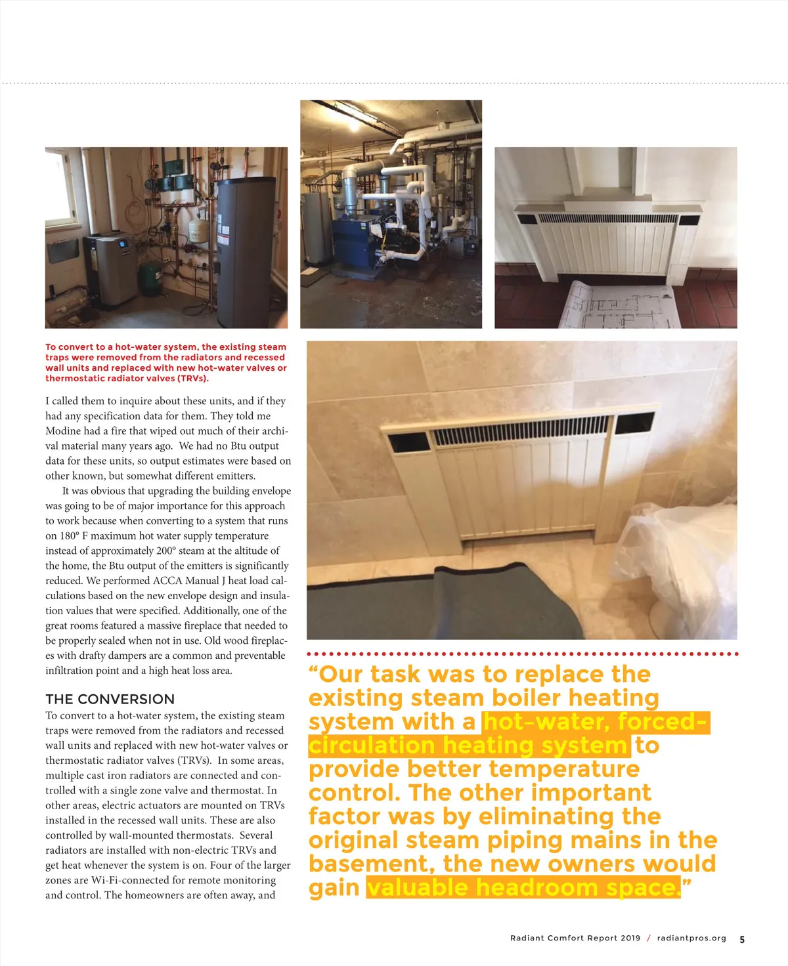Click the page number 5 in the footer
pos(742,939)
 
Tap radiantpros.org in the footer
pos(691,938)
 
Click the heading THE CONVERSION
pos(110,699)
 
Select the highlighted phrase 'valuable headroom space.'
pos(523,887)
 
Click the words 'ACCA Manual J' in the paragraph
pos(186,581)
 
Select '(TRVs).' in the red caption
pos(192,378)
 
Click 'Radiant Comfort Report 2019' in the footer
pos(575,938)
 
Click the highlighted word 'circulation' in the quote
pos(371,745)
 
